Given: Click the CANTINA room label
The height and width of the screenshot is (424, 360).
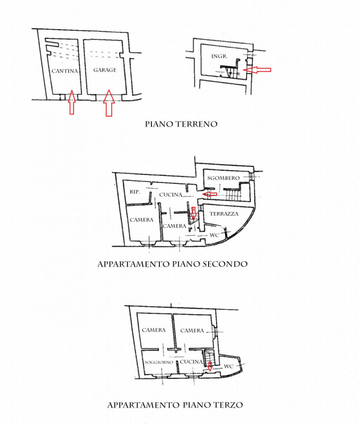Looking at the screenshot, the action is (x=65, y=71).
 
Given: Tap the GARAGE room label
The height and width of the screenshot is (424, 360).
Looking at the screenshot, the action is (x=105, y=70).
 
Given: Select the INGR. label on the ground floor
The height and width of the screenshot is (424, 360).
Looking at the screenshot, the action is (x=219, y=56).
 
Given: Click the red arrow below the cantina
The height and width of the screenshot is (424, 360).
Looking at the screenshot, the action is (x=71, y=102).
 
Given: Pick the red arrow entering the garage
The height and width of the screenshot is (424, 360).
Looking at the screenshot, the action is (x=109, y=103).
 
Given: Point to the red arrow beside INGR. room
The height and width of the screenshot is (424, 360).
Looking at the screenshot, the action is (x=257, y=70).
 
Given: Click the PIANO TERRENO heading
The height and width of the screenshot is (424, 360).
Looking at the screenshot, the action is (x=181, y=124).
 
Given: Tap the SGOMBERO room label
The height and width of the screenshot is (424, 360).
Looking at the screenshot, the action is (x=223, y=178).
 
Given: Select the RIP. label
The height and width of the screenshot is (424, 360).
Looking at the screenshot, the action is (x=135, y=192).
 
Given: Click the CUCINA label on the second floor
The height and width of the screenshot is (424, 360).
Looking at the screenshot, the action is (x=170, y=195).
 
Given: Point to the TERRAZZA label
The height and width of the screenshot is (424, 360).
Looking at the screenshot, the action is (x=224, y=214).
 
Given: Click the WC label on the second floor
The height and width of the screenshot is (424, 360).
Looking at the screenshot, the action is (x=214, y=235).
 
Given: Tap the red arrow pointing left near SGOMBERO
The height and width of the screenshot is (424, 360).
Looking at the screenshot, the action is (x=210, y=194).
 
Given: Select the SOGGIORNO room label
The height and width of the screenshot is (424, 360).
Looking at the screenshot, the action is (x=158, y=362).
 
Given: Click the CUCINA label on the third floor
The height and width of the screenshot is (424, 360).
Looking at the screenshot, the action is (x=191, y=362).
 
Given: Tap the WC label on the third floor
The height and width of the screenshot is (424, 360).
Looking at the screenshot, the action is (x=229, y=367).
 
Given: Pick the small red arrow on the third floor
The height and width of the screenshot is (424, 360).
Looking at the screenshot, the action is (x=210, y=366).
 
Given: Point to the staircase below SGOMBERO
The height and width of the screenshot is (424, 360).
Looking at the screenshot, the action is (x=232, y=195).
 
